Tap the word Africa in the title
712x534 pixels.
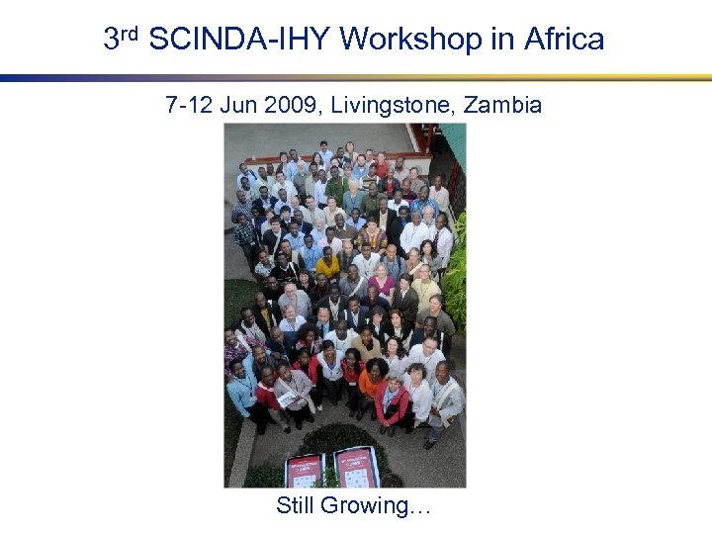click(x=564, y=40)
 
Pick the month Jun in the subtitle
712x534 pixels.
click(x=238, y=105)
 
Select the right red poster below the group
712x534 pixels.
click(x=356, y=465)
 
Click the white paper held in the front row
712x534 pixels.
click(x=287, y=400)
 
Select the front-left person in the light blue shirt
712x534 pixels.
click(x=240, y=391)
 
